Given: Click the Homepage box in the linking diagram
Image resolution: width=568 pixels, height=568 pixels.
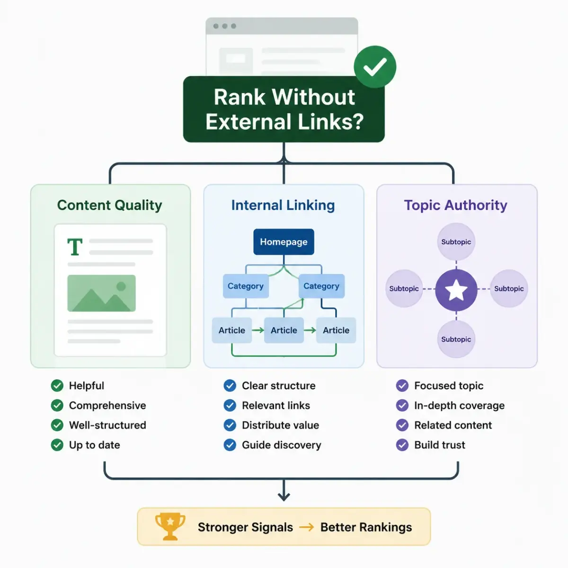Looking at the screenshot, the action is point(284,242).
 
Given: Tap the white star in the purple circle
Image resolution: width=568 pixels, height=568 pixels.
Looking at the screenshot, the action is point(456,290).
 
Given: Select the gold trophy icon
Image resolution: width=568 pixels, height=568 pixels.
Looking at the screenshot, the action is point(170,526).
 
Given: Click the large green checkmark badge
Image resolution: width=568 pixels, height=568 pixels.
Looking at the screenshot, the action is point(375,67).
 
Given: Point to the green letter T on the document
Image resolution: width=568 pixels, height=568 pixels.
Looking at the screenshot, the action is point(75,247).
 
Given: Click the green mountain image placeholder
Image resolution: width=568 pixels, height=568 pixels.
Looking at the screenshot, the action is point(101,293).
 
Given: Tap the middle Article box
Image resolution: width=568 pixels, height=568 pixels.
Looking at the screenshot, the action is point(284,330).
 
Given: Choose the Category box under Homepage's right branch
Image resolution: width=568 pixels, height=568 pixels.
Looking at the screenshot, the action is point(321,286).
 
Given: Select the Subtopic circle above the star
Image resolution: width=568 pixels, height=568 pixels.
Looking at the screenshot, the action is point(456,242).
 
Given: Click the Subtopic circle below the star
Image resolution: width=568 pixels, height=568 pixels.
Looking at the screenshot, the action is point(456,339).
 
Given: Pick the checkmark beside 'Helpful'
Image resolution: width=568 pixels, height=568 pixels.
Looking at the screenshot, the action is point(57,386).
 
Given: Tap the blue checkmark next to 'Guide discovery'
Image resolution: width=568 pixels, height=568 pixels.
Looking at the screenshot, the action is point(230,445).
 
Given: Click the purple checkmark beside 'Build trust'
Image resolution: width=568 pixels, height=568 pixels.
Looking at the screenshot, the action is point(402,445).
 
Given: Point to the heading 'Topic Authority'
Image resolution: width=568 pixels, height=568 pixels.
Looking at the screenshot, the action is point(455,205).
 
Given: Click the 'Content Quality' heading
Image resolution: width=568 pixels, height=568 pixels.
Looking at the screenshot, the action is point(110,205).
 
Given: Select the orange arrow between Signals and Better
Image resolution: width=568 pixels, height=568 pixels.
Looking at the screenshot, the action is point(307,527).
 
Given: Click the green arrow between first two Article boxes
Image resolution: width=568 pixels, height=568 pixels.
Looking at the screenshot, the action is point(258,330).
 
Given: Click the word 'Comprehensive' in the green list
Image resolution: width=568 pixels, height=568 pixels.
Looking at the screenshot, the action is point(107,406).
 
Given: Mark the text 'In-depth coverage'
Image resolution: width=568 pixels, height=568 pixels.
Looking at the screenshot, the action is point(460,406).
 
